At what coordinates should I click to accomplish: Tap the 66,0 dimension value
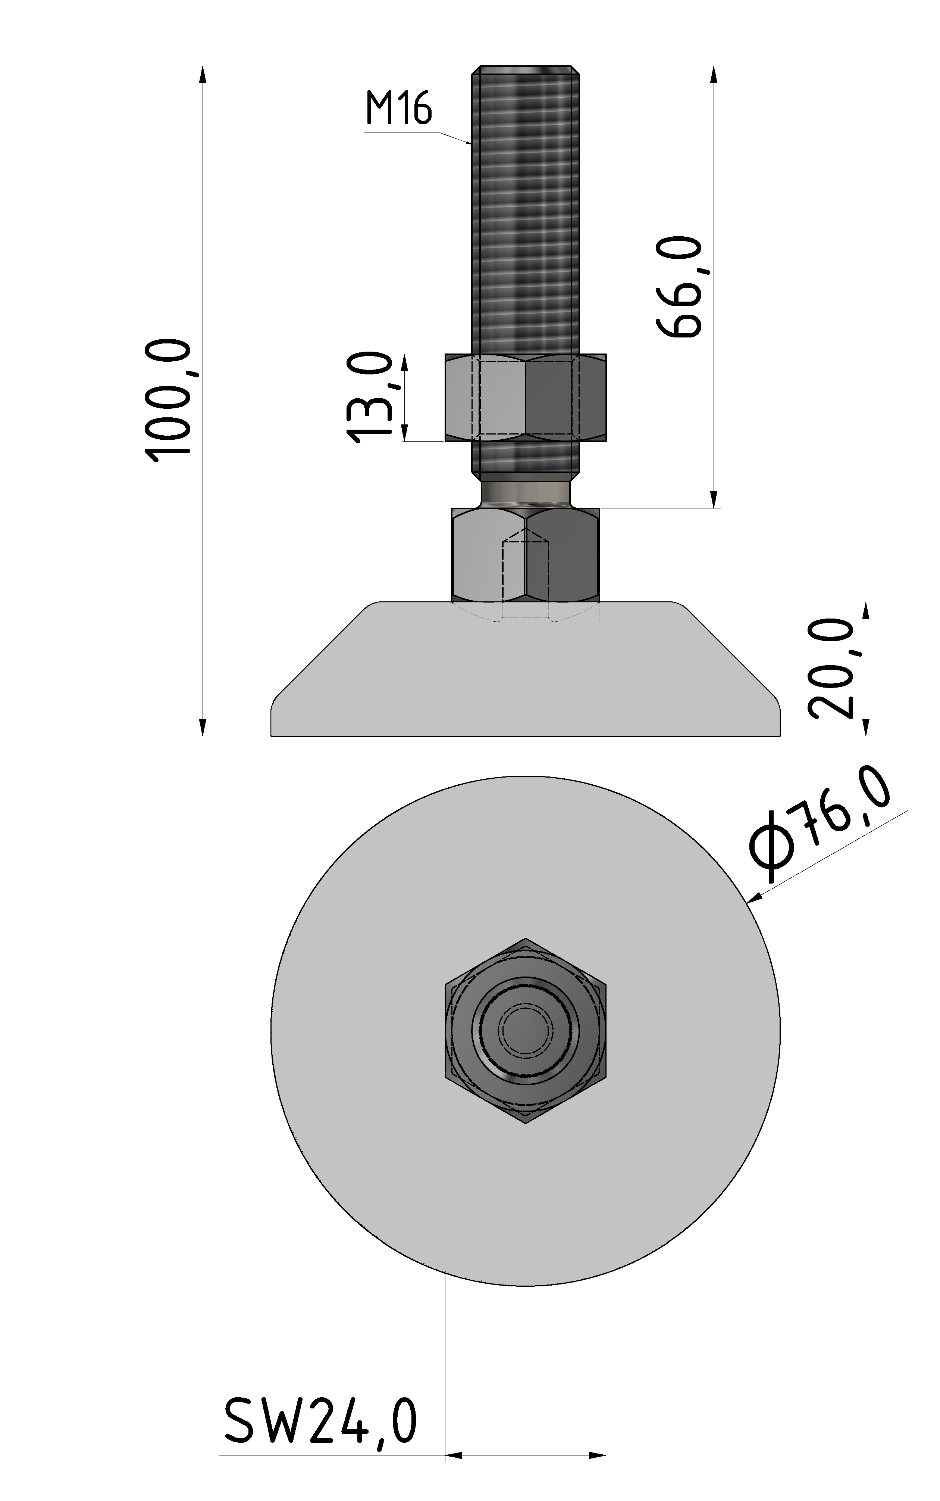point(679,287)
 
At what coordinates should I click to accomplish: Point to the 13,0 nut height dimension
point(370,397)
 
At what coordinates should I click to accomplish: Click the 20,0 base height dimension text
point(832,669)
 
